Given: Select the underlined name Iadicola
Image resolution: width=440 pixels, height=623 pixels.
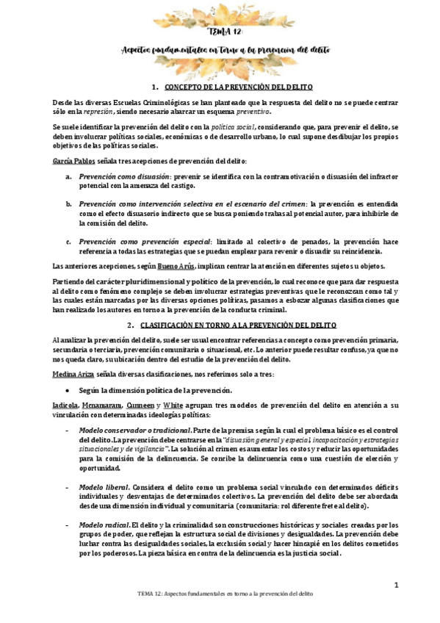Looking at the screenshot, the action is pyautogui.click(x=46, y=406).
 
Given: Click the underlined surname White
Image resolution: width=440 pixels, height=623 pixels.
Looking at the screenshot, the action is pyautogui.click(x=173, y=406).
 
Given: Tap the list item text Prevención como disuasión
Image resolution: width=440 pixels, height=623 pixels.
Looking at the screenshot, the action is pyautogui.click(x=123, y=176).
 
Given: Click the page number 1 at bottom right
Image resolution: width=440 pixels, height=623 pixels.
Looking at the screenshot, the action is pyautogui.click(x=396, y=585).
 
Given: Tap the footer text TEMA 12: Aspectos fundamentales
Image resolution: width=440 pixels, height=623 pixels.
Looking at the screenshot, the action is pyautogui.click(x=220, y=612).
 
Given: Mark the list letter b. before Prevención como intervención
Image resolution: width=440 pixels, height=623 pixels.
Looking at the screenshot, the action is pyautogui.click(x=68, y=203).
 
